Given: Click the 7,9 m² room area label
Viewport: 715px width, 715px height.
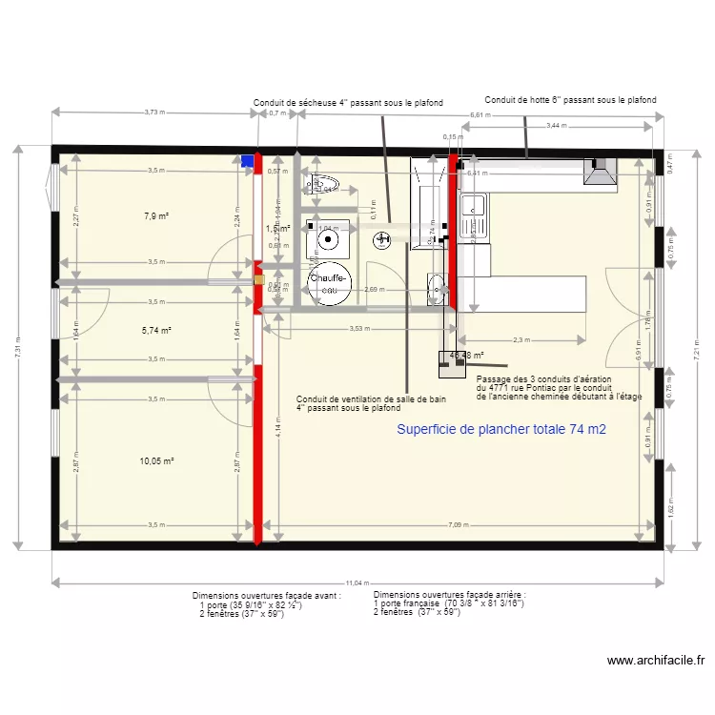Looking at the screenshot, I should click(156, 216).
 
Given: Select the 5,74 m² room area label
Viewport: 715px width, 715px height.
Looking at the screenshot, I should click(156, 331).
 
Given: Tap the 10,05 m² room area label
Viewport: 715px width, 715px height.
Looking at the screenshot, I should click(156, 461).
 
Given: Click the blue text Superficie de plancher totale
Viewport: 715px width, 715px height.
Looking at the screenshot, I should click(501, 430).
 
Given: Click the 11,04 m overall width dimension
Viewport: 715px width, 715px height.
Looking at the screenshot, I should click(356, 582).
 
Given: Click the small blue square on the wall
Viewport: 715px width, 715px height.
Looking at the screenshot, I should click(248, 161).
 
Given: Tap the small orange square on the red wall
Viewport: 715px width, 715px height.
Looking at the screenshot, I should click(258, 280).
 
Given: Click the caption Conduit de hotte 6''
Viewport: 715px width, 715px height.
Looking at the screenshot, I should click(570, 99).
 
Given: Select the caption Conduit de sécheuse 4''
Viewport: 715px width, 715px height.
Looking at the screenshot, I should click(347, 103).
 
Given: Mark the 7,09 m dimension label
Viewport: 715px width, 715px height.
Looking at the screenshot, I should click(459, 525).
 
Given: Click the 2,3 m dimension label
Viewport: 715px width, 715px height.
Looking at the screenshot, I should click(521, 340).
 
